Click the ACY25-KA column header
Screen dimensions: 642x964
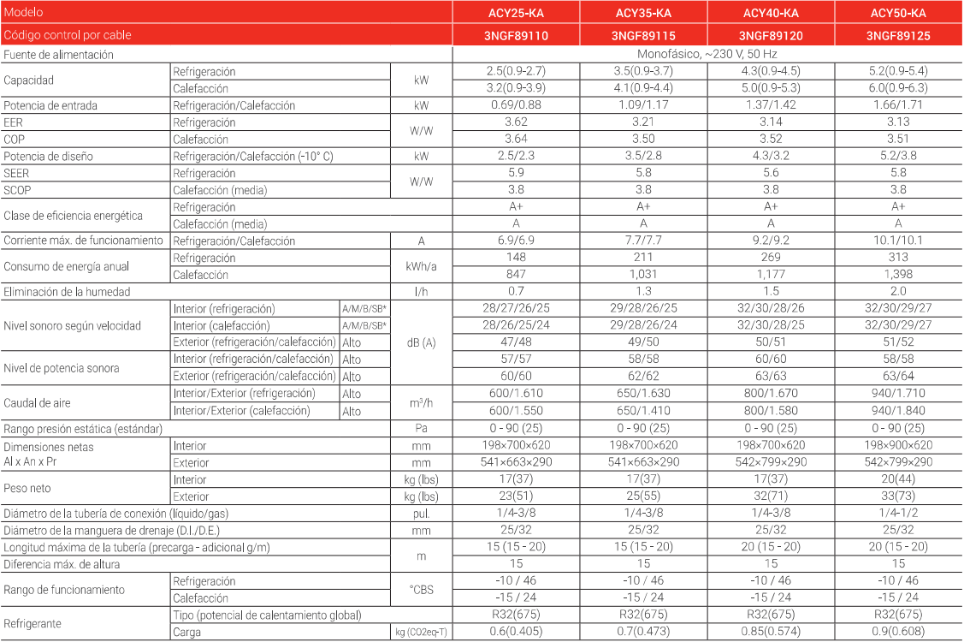tap(516, 13)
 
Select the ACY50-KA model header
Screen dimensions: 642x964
tap(898, 13)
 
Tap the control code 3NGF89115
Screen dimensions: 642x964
tap(643, 36)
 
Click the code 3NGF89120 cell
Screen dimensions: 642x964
tap(771, 36)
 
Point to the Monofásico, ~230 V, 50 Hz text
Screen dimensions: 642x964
tap(707, 54)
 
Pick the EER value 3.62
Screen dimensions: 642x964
tap(516, 122)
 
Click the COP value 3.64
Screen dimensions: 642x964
tap(516, 139)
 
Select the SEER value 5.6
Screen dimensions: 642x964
tap(771, 173)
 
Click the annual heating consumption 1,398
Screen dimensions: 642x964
tap(898, 275)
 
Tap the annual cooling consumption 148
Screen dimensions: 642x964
tap(516, 258)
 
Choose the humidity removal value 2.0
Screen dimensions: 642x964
tap(898, 292)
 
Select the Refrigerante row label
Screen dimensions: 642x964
tap(33, 624)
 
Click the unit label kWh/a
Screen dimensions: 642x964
tap(421, 266)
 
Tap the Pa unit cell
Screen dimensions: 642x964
tap(421, 428)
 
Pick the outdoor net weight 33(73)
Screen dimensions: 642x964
tap(898, 496)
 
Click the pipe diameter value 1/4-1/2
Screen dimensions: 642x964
tap(898, 514)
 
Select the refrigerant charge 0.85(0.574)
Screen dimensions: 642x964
tap(771, 633)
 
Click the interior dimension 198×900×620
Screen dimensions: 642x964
tap(898, 445)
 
